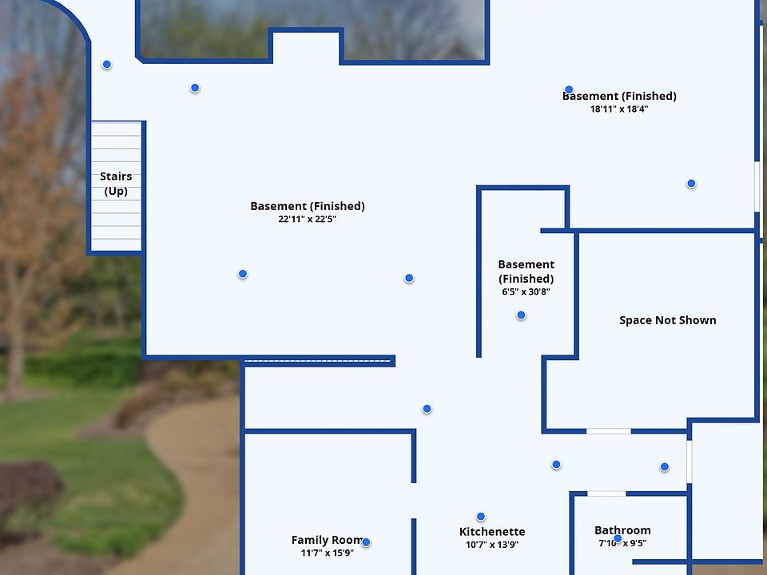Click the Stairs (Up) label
click(116, 184)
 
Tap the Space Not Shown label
click(668, 320)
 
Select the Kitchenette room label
click(492, 532)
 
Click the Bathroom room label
click(622, 530)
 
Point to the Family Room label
click(326, 540)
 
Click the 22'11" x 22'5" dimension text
click(307, 219)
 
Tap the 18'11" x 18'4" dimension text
click(619, 109)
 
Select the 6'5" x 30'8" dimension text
click(526, 291)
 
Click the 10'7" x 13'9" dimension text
click(492, 545)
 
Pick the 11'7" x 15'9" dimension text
click(327, 553)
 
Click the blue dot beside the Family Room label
click(366, 542)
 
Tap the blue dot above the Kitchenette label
click(481, 517)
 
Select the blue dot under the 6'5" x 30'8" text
click(521, 315)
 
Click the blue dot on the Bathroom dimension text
click(618, 539)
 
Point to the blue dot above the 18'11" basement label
click(569, 89)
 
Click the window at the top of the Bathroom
click(606, 494)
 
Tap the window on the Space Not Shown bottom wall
click(608, 431)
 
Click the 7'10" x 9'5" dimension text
click(622, 543)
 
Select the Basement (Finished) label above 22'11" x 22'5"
click(307, 206)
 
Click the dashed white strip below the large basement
click(317, 362)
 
